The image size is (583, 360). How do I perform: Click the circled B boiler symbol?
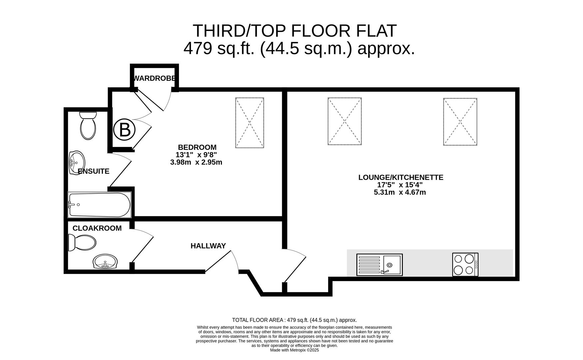125,130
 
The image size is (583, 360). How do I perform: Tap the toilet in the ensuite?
88,125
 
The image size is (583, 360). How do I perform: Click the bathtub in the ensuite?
99,205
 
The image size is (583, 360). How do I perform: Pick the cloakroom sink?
105,262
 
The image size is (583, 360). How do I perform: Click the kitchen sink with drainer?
379,265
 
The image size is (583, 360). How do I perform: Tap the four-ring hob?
465,265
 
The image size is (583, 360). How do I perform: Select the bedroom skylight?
250,123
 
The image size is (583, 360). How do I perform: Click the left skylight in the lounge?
344,121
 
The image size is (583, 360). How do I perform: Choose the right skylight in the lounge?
460,122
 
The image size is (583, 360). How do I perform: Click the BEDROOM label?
197,147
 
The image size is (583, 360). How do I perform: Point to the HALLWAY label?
208,246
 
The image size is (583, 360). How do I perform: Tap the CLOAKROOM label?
97,228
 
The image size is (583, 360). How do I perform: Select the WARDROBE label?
154,78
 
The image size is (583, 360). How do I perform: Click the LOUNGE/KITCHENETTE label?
401,177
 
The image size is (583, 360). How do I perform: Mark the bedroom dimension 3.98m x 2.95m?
196,162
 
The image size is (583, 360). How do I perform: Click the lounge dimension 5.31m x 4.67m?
400,192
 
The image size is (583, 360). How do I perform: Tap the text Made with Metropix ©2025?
294,350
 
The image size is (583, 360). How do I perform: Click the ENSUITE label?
93,171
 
